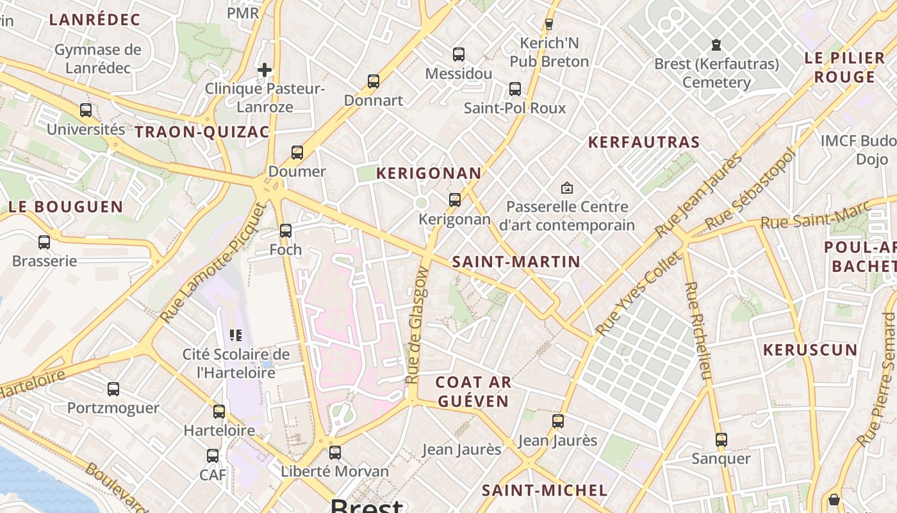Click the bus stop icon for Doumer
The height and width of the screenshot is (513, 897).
297,153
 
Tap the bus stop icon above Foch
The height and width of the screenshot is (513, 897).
286,231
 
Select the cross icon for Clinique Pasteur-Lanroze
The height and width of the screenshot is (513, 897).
265,69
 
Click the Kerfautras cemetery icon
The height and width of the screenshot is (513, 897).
716,45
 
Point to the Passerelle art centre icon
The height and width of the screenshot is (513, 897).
566,188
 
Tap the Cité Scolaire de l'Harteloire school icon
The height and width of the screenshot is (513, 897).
235,335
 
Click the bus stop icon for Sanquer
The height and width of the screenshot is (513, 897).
721,440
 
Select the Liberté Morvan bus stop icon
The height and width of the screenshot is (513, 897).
334,453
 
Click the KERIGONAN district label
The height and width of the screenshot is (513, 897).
428,173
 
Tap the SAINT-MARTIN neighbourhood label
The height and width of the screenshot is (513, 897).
516,262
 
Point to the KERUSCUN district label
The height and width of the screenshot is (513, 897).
810,350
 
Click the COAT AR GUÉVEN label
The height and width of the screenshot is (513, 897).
473,392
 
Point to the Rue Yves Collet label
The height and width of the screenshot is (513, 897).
638,294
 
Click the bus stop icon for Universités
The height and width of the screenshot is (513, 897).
86,110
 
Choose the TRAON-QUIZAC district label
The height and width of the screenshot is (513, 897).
202,132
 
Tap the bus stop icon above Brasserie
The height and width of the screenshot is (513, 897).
44,242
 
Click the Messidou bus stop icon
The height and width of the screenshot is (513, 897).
458,55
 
